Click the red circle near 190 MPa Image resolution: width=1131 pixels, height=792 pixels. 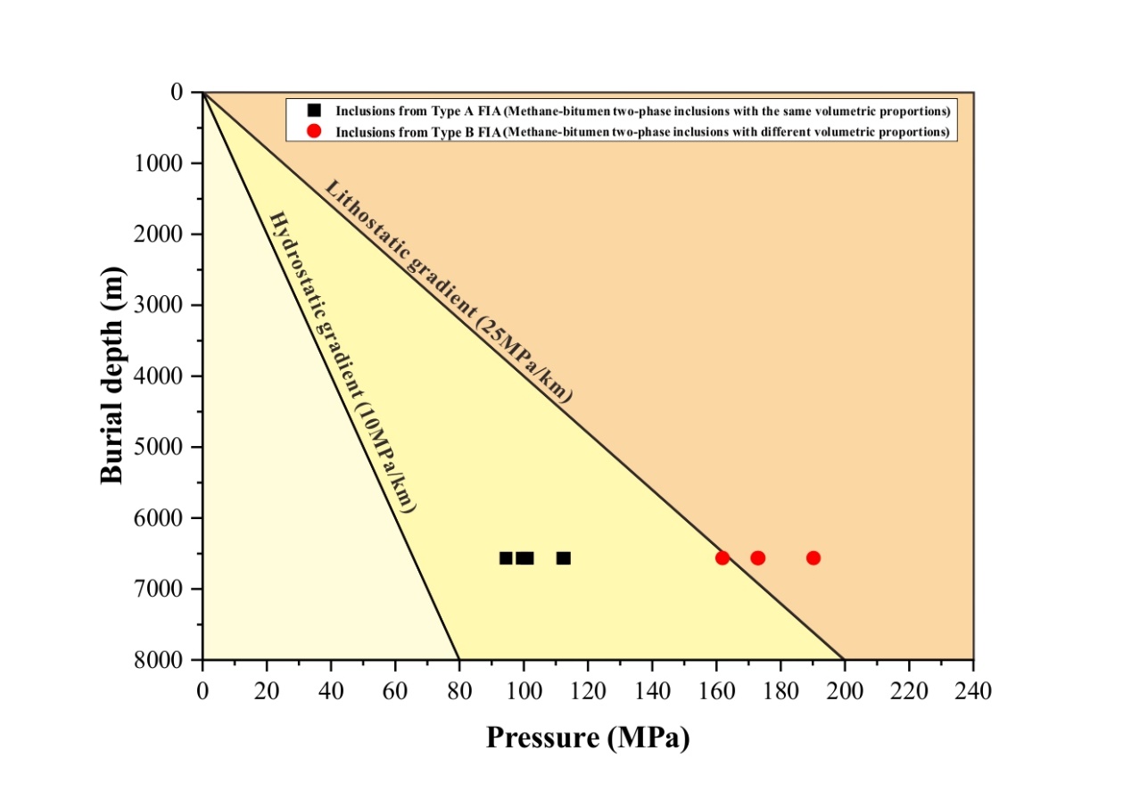(813, 557)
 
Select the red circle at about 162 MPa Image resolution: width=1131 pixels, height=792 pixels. (722, 557)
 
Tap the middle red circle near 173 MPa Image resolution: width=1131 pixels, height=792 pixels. (757, 557)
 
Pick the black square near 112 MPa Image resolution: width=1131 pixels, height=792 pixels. (563, 557)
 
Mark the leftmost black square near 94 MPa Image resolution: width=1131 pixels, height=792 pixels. (506, 557)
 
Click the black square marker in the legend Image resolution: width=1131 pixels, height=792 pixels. (313, 111)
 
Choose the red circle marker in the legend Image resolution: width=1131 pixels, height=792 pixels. (313, 131)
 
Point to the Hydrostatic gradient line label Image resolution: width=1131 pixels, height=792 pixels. (343, 361)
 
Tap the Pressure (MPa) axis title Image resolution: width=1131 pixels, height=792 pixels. (588, 738)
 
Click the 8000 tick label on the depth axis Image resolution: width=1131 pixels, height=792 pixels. (161, 660)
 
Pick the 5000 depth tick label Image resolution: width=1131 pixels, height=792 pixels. (161, 447)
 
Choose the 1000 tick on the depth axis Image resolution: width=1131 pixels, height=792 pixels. (161, 163)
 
